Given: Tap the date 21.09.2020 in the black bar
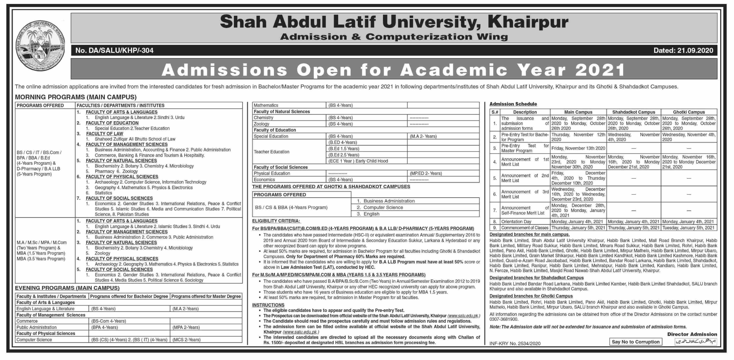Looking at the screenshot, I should pos(687,50).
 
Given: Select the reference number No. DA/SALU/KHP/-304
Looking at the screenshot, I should pos(114,51).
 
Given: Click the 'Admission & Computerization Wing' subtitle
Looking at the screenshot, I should pos(394,37).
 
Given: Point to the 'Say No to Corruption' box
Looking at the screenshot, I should pos(635,342).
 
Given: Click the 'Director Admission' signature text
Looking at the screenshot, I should pos(692,334).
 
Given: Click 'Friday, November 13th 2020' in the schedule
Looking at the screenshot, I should pos(578,148).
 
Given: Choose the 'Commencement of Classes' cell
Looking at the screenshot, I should pos(525,228).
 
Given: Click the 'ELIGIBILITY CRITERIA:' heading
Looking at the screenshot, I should pos(276,221).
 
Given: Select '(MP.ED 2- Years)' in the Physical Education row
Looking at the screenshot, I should pos(426,173).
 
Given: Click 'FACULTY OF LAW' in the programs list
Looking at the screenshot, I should pos(105,134).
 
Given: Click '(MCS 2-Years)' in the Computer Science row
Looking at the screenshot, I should pos(186,339).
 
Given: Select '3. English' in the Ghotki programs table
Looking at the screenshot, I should pos(368,214).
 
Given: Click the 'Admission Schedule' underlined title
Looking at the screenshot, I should pos(513,104).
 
